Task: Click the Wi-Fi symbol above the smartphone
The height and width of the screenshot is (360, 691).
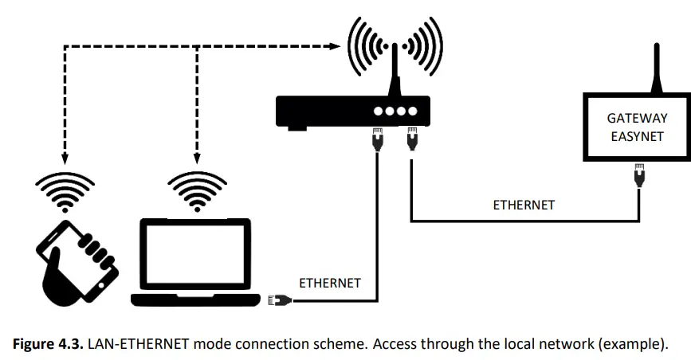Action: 63,190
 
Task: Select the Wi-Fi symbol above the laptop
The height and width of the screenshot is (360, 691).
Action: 194,190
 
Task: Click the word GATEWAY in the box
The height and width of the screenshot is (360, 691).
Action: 637,118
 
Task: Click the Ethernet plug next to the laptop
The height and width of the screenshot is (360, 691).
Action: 281,300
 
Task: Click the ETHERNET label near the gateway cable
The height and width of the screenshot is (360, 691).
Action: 524,205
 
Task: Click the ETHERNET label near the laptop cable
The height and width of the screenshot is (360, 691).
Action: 330,283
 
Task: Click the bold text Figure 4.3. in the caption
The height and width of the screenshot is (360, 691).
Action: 47,344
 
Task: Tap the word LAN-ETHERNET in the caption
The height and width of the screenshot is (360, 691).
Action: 131,344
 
